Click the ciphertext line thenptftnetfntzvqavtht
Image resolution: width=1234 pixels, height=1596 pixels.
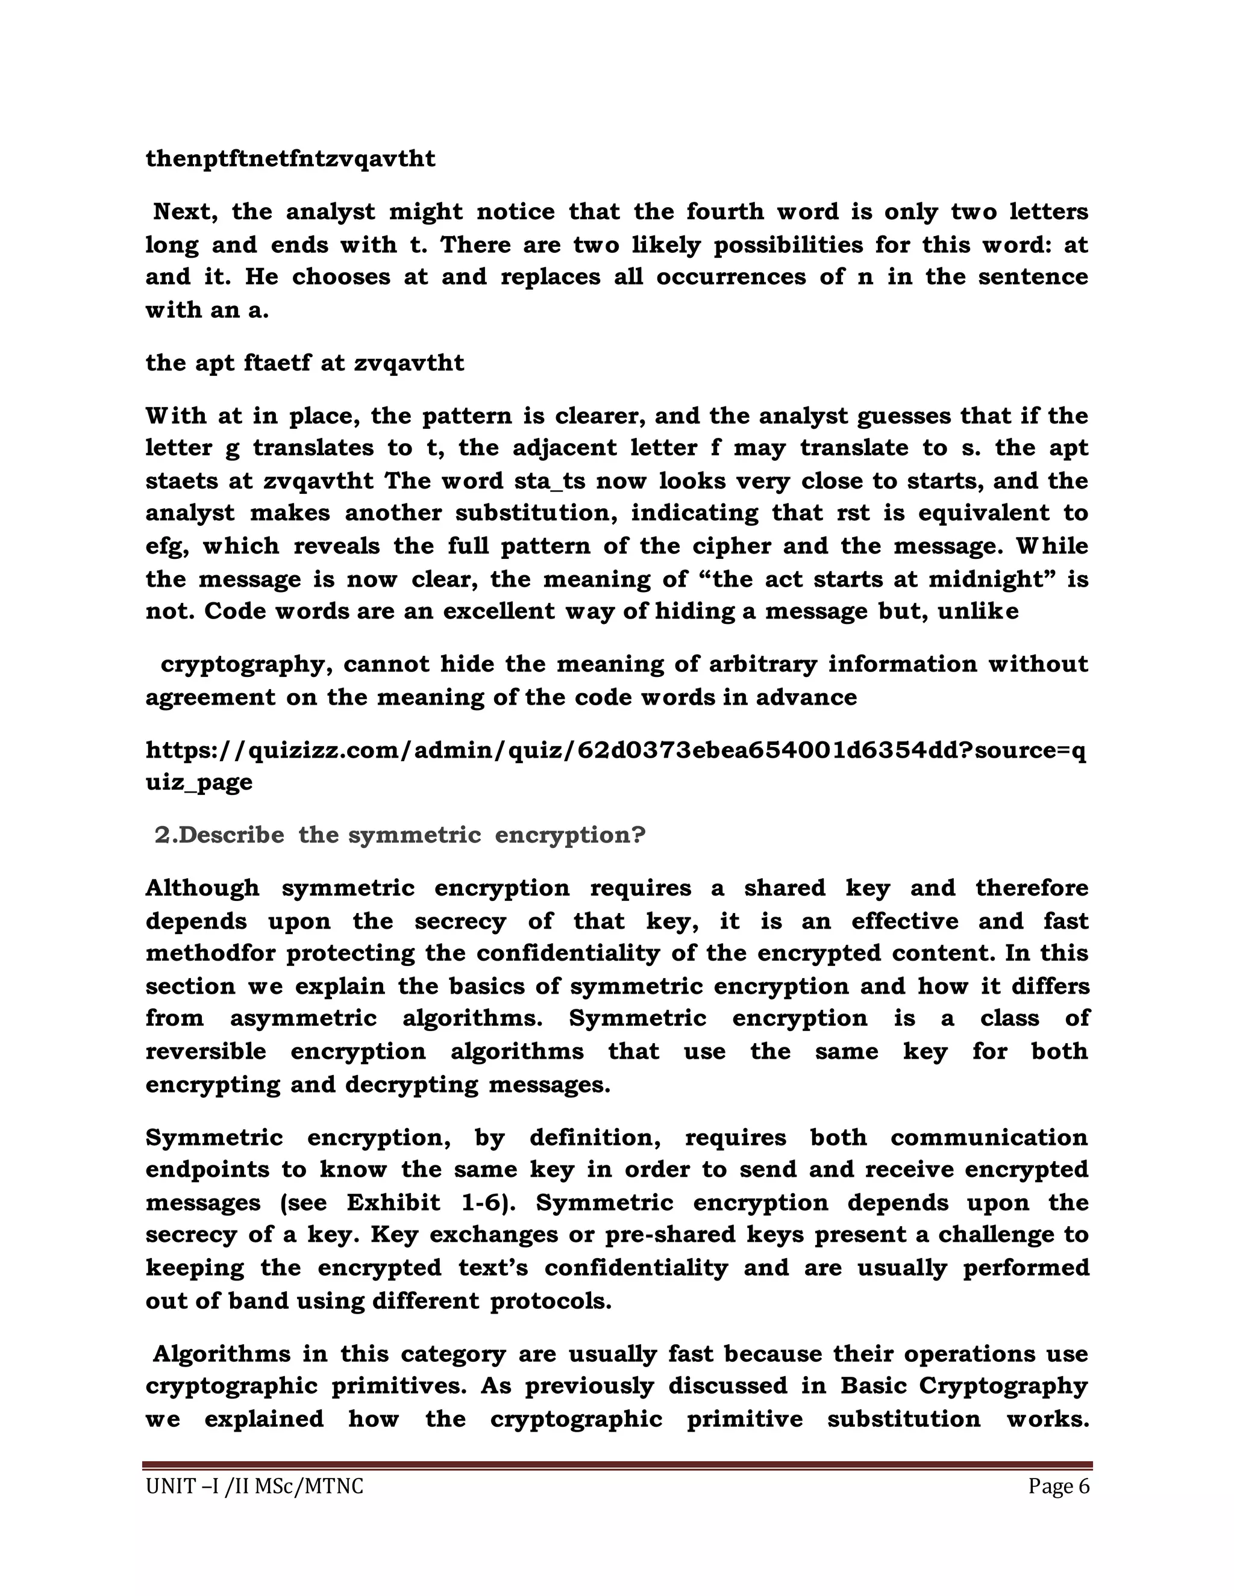coord(290,158)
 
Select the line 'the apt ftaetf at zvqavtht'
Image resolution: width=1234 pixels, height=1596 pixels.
coord(304,363)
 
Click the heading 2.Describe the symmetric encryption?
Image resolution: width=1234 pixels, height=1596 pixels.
coord(400,835)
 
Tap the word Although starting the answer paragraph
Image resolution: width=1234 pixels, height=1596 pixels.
coord(202,888)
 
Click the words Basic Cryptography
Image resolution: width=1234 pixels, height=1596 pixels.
coord(963,1386)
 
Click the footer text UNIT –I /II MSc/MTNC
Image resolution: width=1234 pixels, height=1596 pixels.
coord(254,1487)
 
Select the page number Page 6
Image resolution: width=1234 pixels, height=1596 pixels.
coord(1058,1486)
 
